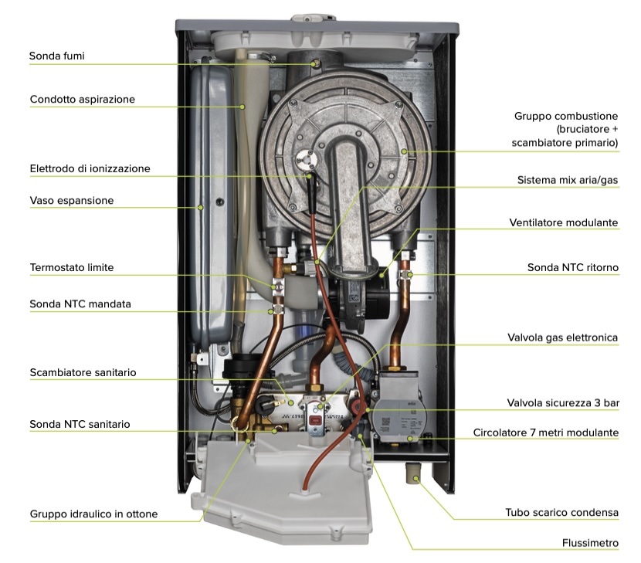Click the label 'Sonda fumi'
(57, 56)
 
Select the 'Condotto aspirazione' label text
(82, 100)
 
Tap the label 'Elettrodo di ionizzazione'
(90, 168)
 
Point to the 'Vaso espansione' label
(72, 201)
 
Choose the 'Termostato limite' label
(72, 268)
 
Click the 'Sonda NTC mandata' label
(80, 304)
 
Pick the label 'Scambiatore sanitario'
(83, 372)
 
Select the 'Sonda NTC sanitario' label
(80, 425)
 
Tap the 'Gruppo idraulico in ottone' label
(93, 514)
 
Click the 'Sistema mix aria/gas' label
(568, 180)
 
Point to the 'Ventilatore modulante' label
(563, 223)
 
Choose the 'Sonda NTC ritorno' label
(573, 268)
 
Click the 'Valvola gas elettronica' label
(562, 337)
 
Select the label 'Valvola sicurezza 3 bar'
(563, 403)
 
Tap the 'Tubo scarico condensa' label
(561, 513)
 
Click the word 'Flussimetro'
(590, 544)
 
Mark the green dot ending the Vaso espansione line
(200, 208)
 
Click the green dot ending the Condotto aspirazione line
(242, 107)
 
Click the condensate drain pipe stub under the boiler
(412, 473)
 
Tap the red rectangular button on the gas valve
(315, 420)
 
